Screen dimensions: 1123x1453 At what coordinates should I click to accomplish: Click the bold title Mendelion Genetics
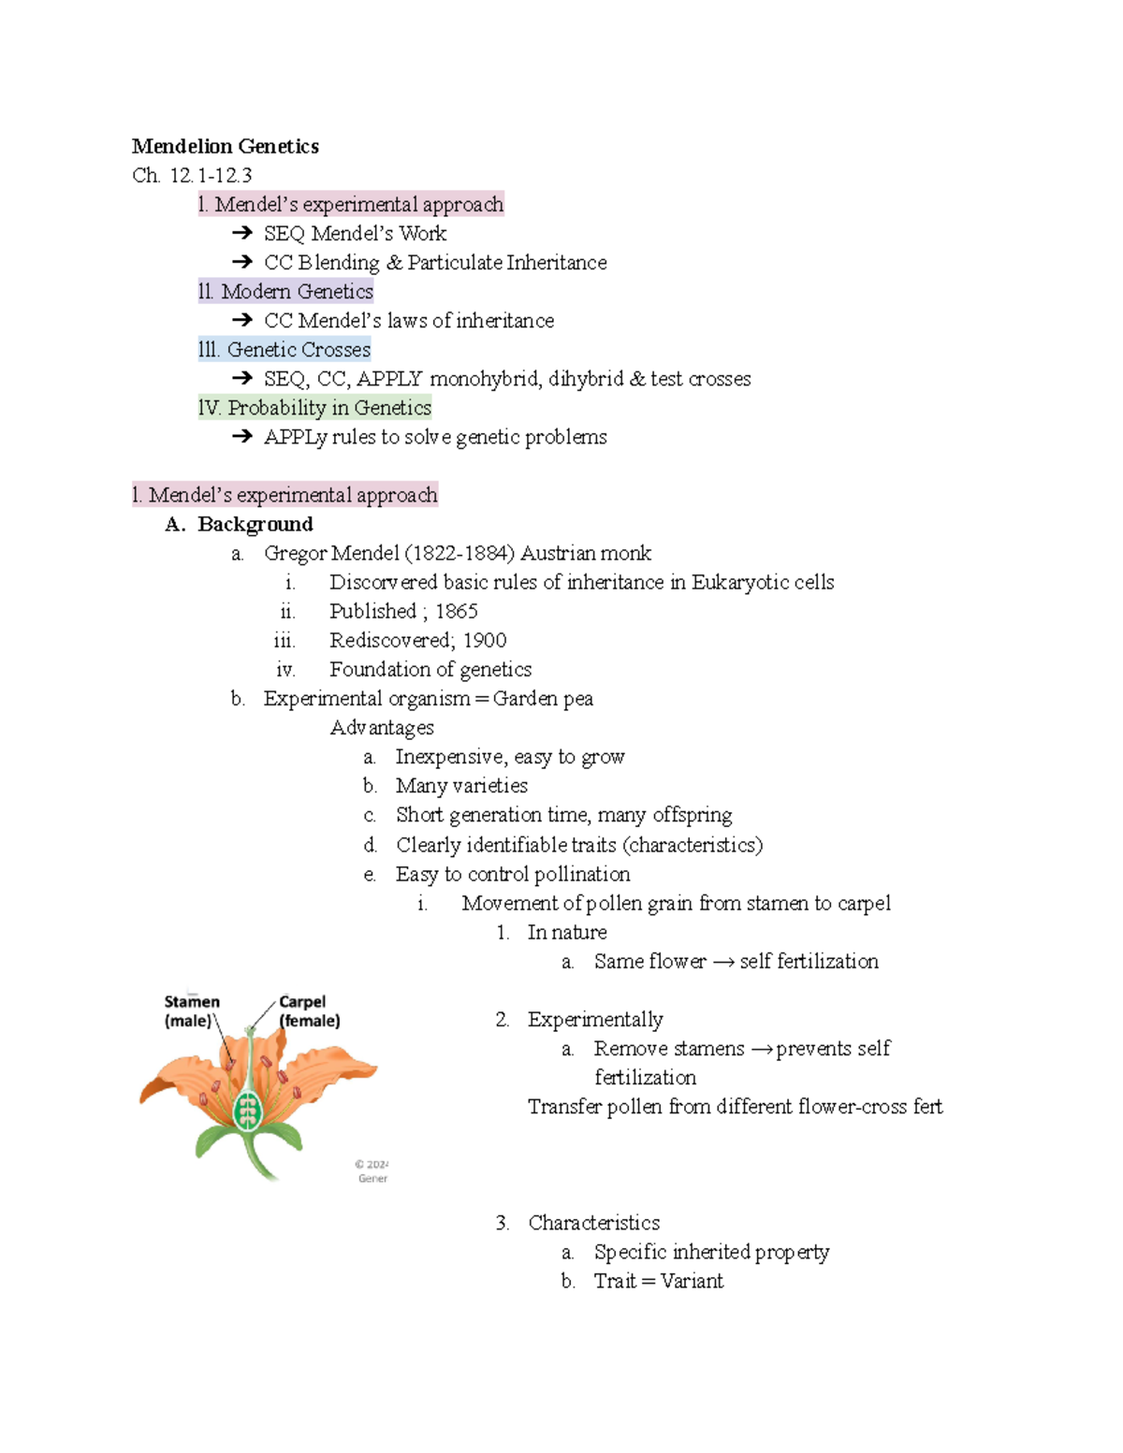coord(225,146)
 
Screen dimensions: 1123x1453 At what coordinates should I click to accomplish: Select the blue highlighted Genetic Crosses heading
coord(284,350)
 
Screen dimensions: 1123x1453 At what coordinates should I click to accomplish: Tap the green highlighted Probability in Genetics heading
coord(314,408)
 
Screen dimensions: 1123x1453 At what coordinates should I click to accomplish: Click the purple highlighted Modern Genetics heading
coord(285,292)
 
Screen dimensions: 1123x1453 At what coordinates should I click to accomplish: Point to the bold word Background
coord(255,524)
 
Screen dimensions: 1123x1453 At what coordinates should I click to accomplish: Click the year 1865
coord(457,611)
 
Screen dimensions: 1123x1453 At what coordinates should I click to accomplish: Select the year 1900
coord(485,640)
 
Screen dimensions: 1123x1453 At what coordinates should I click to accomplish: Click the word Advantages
coord(382,727)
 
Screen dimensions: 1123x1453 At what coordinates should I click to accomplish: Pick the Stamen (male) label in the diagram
coord(191,1010)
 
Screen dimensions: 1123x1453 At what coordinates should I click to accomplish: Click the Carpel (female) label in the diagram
coord(309,1010)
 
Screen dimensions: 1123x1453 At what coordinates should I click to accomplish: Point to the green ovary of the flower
coord(247,1112)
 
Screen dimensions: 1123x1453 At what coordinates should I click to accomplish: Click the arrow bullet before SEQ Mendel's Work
coord(242,233)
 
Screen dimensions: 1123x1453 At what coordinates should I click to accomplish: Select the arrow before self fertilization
coord(722,962)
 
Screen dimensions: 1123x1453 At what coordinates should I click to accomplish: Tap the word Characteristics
coord(593,1223)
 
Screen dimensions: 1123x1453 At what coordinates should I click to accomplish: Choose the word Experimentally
coord(595,1019)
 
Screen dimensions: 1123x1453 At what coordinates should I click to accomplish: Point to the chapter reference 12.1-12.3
coord(211,175)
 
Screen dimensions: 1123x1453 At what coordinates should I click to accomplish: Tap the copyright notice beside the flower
coord(372,1171)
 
